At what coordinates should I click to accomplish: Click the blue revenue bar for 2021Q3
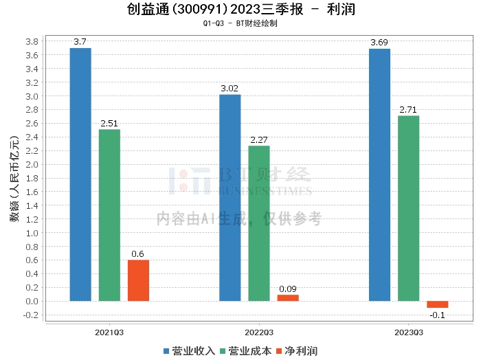pos(80,175)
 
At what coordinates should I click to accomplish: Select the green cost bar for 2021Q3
pos(109,215)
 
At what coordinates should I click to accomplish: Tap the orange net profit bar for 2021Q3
pos(138,280)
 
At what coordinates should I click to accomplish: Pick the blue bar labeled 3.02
pos(230,198)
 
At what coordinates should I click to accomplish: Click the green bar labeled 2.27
pos(259,223)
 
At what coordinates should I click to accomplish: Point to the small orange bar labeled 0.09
pos(288,297)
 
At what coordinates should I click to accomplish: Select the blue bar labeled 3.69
pos(379,175)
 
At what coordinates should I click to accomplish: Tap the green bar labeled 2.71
pos(409,209)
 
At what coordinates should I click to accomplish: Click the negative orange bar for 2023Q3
pos(438,304)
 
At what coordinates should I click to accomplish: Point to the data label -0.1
pos(438,315)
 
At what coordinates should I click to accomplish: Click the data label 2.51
pos(109,124)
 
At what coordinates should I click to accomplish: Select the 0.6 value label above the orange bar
pos(137,254)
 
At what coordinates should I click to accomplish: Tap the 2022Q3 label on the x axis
pos(259,333)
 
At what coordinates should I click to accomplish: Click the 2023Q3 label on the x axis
pos(409,333)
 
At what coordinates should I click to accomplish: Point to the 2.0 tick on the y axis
pos(32,165)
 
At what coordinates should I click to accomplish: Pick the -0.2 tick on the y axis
pos(31,315)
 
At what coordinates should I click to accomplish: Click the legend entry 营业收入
pos(189,351)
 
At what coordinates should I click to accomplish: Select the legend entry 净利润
pos(297,351)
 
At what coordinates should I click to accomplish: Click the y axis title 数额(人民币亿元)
pos(14,179)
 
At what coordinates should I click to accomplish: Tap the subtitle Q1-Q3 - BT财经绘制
pos(240,23)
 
